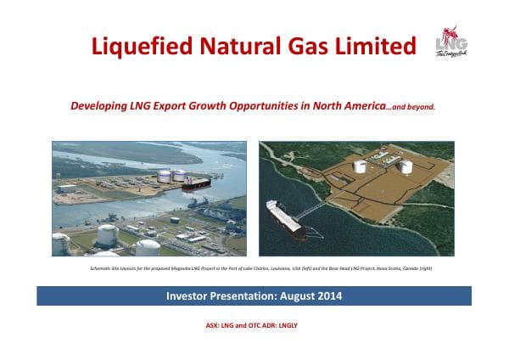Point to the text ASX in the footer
(214, 324)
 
